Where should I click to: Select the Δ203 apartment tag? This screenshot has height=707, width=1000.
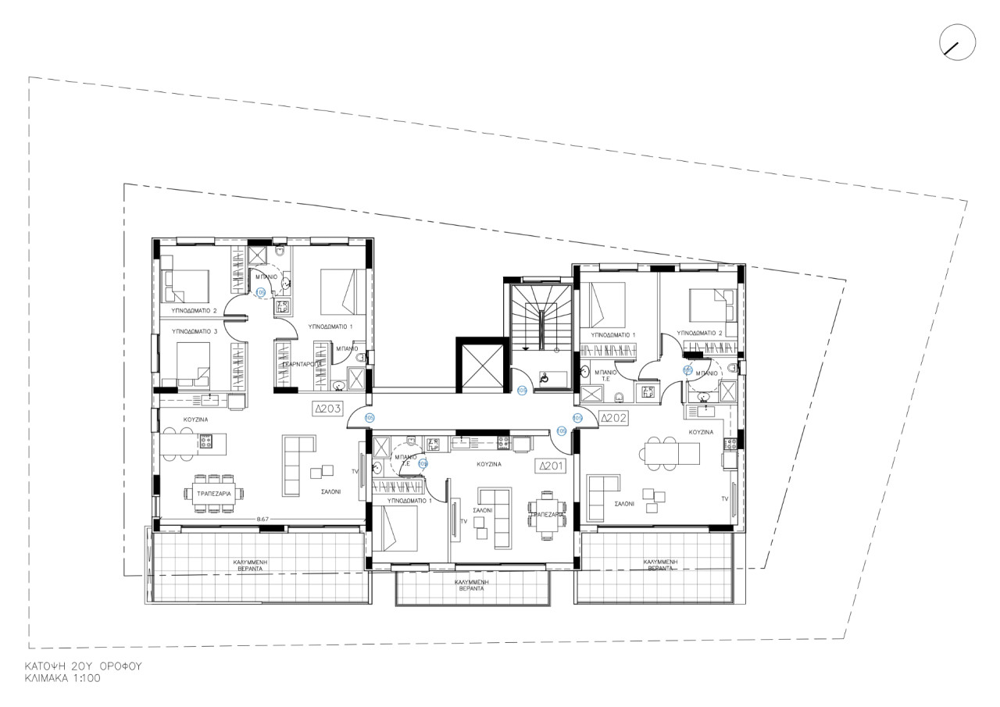point(329,408)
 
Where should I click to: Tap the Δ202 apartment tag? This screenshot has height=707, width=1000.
point(614,418)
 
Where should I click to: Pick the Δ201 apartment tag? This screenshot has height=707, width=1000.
point(550,466)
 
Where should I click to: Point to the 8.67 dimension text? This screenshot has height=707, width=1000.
point(262,519)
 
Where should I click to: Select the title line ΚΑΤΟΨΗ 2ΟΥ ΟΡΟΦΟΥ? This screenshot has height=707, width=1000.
point(82,666)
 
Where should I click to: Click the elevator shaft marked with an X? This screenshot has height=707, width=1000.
point(480,366)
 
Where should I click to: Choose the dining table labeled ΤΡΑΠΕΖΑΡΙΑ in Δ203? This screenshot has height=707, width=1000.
point(213,493)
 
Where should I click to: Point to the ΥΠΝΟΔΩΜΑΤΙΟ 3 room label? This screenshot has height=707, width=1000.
point(195,332)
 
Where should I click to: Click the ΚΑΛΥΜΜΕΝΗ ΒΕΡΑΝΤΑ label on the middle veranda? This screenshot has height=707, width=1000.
point(471,585)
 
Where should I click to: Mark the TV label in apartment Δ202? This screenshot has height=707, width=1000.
point(724,498)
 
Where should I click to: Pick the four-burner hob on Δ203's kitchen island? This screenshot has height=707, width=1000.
point(207,441)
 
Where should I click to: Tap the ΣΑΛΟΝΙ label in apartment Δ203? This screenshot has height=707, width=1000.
point(330,493)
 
